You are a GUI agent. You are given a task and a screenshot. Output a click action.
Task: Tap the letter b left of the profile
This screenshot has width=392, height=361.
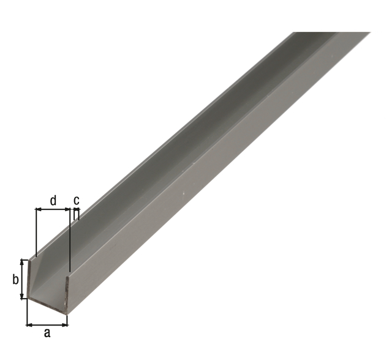point(16,280)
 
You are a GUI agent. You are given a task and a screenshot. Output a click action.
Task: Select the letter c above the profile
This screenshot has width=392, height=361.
point(77,200)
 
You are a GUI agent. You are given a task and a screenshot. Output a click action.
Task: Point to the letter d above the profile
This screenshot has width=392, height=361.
point(53,200)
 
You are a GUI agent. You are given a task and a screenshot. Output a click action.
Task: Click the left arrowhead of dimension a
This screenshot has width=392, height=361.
point(29,324)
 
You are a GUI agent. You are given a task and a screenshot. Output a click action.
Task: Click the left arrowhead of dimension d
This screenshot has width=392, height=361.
point(39,209)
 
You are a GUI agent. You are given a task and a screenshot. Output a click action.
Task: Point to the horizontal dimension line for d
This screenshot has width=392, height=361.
point(53,209)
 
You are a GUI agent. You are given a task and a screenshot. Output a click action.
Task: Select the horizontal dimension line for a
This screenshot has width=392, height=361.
point(47,324)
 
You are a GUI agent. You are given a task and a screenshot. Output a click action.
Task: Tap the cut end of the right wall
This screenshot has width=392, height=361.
point(66,294)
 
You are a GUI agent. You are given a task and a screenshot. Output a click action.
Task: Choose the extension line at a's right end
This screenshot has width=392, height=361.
point(67,318)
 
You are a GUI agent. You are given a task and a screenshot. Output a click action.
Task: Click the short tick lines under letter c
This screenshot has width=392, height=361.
point(77,214)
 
